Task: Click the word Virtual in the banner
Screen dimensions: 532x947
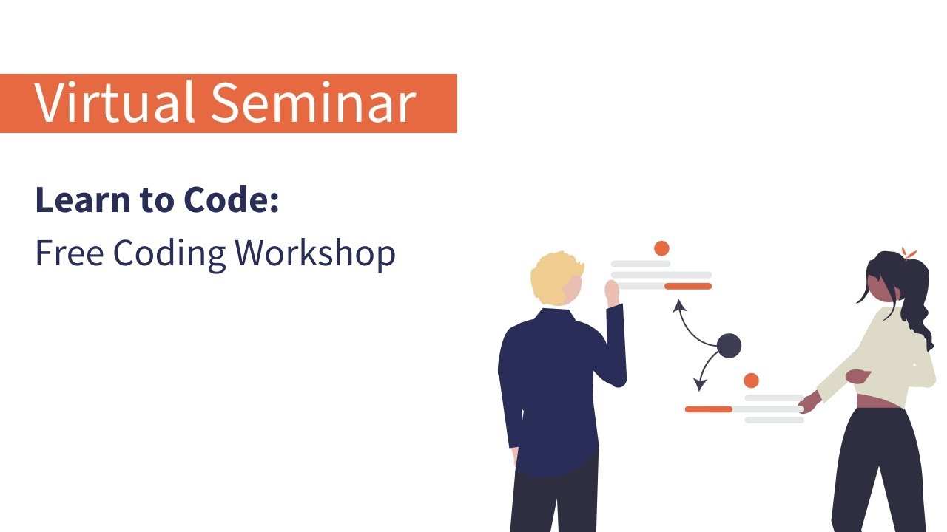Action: (x=115, y=103)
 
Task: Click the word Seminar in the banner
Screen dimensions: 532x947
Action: (x=313, y=103)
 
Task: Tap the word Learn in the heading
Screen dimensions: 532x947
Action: (x=78, y=200)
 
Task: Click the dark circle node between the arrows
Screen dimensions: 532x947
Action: (x=729, y=346)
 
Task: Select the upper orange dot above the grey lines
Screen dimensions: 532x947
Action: (x=661, y=248)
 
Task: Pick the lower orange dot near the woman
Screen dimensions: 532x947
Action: (x=751, y=381)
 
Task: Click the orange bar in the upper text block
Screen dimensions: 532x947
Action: (x=687, y=286)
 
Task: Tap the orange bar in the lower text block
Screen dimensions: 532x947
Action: (x=708, y=409)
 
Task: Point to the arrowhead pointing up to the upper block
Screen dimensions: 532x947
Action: (x=678, y=304)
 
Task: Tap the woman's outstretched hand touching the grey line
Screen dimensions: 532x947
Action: (x=810, y=403)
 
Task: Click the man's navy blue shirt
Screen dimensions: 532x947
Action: (x=551, y=384)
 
